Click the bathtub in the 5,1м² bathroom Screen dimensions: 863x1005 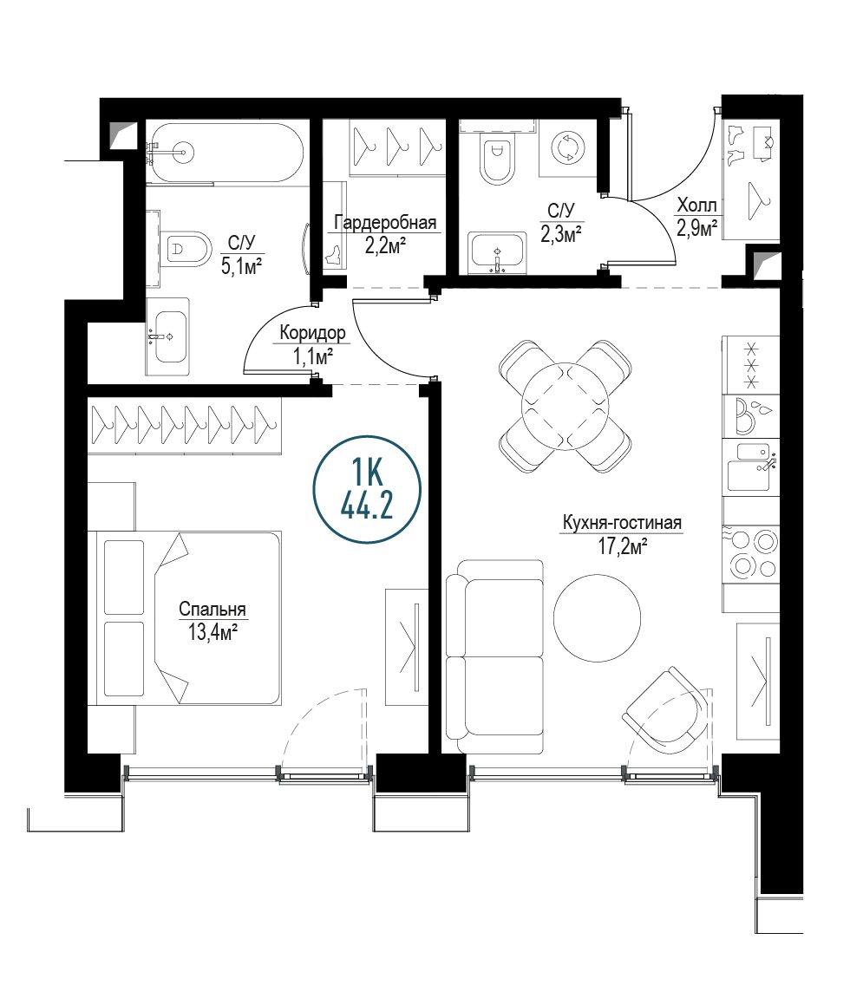(225, 153)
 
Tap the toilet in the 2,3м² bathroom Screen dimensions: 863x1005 (497, 159)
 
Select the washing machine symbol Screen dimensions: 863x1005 (566, 147)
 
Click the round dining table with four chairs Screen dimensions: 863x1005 (565, 407)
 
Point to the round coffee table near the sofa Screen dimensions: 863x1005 (597, 618)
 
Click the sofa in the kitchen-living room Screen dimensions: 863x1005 (494, 656)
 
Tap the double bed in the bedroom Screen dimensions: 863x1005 (188, 618)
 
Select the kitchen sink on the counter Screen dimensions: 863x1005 (751, 467)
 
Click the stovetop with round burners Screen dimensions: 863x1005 (751, 553)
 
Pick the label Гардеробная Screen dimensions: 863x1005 (386, 222)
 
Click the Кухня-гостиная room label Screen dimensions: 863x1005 (622, 523)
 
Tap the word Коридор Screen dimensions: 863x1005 (312, 333)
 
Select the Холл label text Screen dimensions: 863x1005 (696, 206)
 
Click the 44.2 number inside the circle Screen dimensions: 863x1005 (367, 507)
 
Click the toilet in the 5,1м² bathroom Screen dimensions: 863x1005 (186, 248)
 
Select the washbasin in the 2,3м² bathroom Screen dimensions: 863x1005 (497, 252)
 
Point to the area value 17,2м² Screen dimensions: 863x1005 (622, 548)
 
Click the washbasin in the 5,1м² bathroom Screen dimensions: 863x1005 (168, 336)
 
